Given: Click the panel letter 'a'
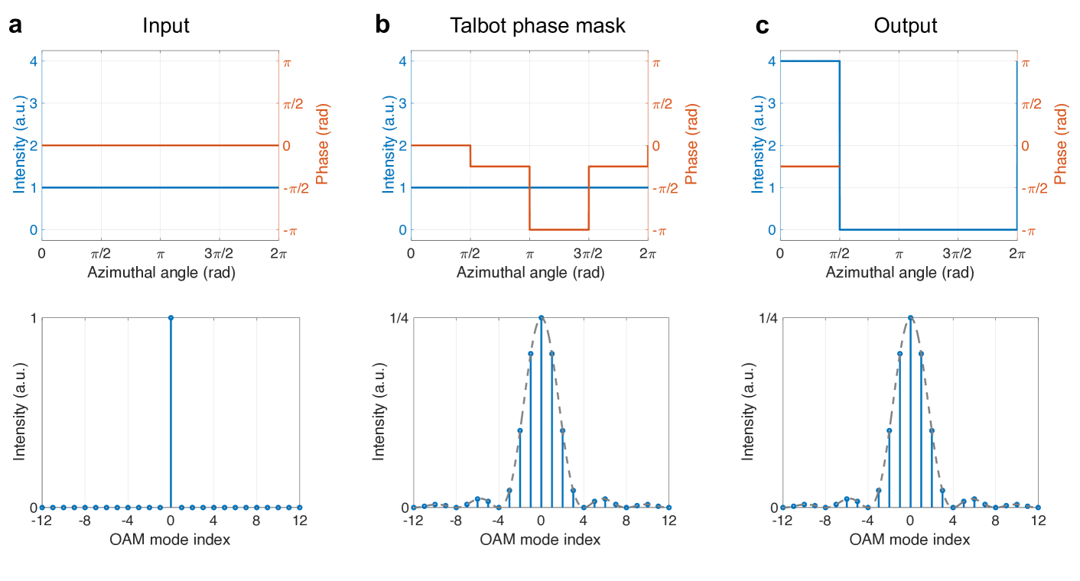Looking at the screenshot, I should tap(15, 27).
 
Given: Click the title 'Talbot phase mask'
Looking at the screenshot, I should tap(537, 26).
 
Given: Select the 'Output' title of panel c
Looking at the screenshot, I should tap(906, 26).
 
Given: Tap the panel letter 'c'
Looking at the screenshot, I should tap(762, 27).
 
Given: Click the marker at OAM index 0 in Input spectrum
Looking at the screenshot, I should tap(171, 318).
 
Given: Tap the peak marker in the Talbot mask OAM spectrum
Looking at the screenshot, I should tap(541, 318).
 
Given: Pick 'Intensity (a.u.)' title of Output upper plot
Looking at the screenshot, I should tap(757, 145).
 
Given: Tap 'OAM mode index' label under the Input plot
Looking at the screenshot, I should tap(171, 539).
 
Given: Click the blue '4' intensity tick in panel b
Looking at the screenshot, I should tap(402, 61).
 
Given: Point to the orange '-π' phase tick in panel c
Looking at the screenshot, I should tap(1029, 230).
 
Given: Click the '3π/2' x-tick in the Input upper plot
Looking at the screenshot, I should tap(220, 253).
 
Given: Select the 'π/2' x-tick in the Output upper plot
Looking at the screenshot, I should tap(839, 253).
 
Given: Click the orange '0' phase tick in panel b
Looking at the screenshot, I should tap(655, 145).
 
